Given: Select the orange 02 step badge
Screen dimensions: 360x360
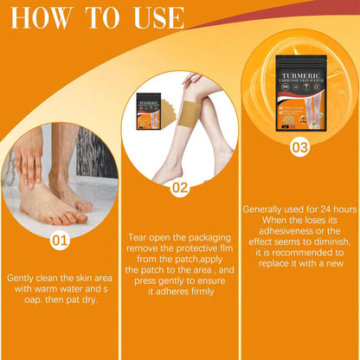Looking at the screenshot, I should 179,186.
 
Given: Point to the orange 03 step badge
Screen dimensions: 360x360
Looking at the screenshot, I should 299,147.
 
